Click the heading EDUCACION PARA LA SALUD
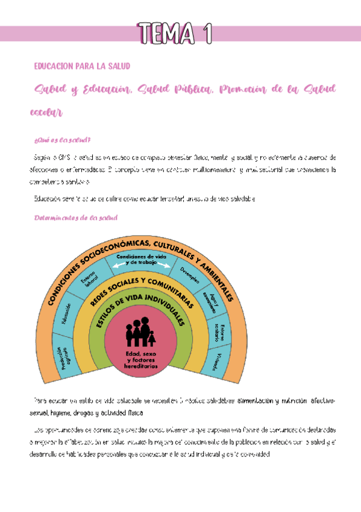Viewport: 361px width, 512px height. pyautogui.click(x=82, y=65)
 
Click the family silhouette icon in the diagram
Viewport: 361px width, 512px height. pyautogui.click(x=140, y=333)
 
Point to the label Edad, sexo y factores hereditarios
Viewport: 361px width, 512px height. pyautogui.click(x=141, y=360)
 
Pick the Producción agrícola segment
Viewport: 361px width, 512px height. pyautogui.click(x=59, y=358)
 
